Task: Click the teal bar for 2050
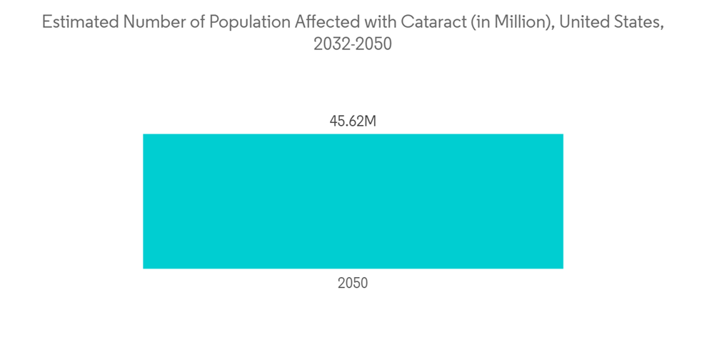[353, 201]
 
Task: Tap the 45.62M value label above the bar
[353, 121]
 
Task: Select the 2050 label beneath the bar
[353, 284]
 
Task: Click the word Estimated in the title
[79, 22]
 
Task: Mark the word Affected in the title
[322, 22]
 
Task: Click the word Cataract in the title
[428, 22]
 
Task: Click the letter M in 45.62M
[369, 121]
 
